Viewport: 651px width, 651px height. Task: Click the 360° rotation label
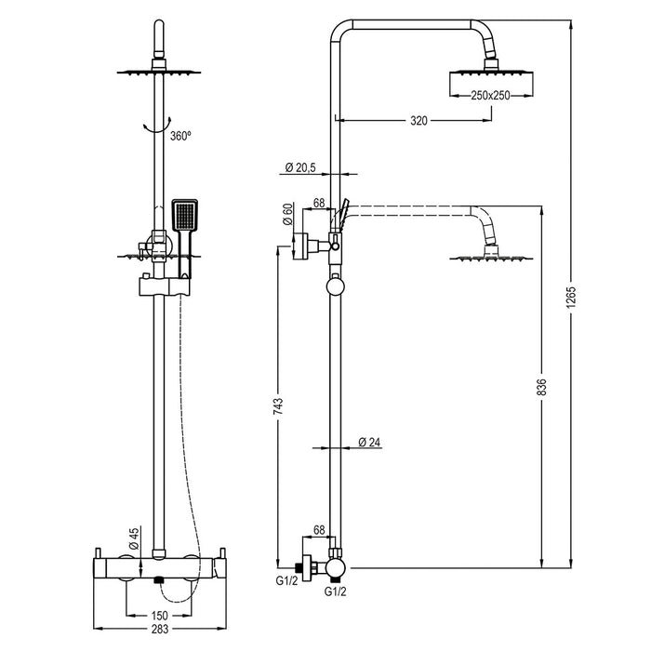coord(180,136)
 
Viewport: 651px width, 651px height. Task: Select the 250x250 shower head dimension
coord(492,96)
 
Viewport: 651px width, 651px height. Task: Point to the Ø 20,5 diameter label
coord(299,168)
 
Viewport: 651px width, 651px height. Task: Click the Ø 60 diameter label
coord(288,216)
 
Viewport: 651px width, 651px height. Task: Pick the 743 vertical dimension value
coord(278,406)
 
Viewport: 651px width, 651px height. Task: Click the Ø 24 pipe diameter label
coord(369,443)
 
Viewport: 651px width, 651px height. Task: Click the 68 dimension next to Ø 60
coord(319,203)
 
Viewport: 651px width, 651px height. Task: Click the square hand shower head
coord(184,217)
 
